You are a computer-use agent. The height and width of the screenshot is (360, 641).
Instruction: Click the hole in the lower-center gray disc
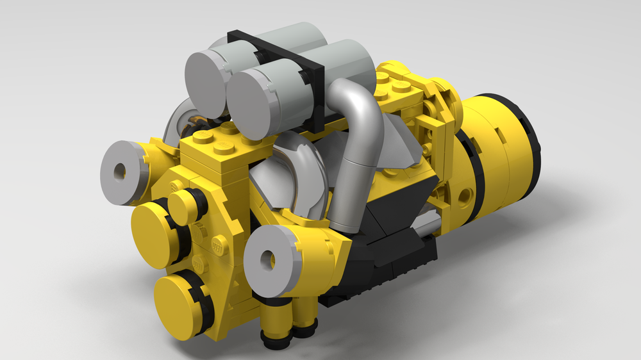click(x=268, y=259)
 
